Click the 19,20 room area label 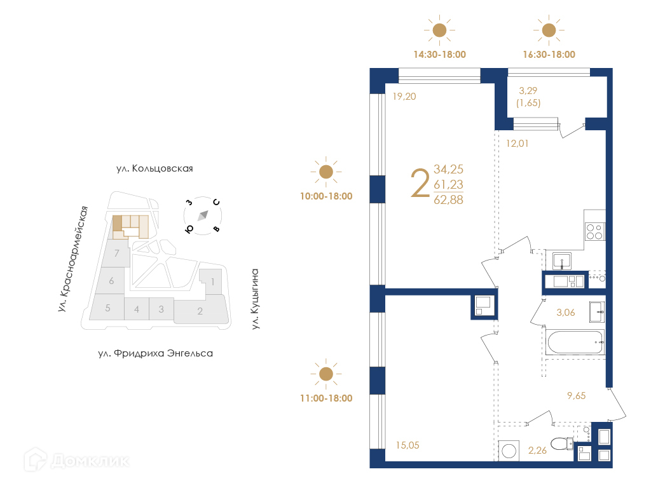[x=404, y=97]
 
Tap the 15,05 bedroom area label [x=408, y=445]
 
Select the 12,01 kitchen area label [x=517, y=144]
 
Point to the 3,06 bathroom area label [x=565, y=313]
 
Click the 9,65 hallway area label [x=576, y=396]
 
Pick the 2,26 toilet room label [x=537, y=451]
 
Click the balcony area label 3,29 [x=528, y=90]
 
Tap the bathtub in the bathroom [x=575, y=342]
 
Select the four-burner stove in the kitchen [x=594, y=231]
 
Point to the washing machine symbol [x=509, y=451]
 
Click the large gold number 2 [x=420, y=183]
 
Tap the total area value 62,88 [x=448, y=200]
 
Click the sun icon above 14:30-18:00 [x=439, y=30]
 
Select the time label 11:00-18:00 [x=326, y=398]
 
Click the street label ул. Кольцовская [x=154, y=168]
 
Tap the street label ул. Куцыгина [x=255, y=299]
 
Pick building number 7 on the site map [x=117, y=253]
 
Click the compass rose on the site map [x=203, y=216]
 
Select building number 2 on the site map [x=200, y=311]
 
